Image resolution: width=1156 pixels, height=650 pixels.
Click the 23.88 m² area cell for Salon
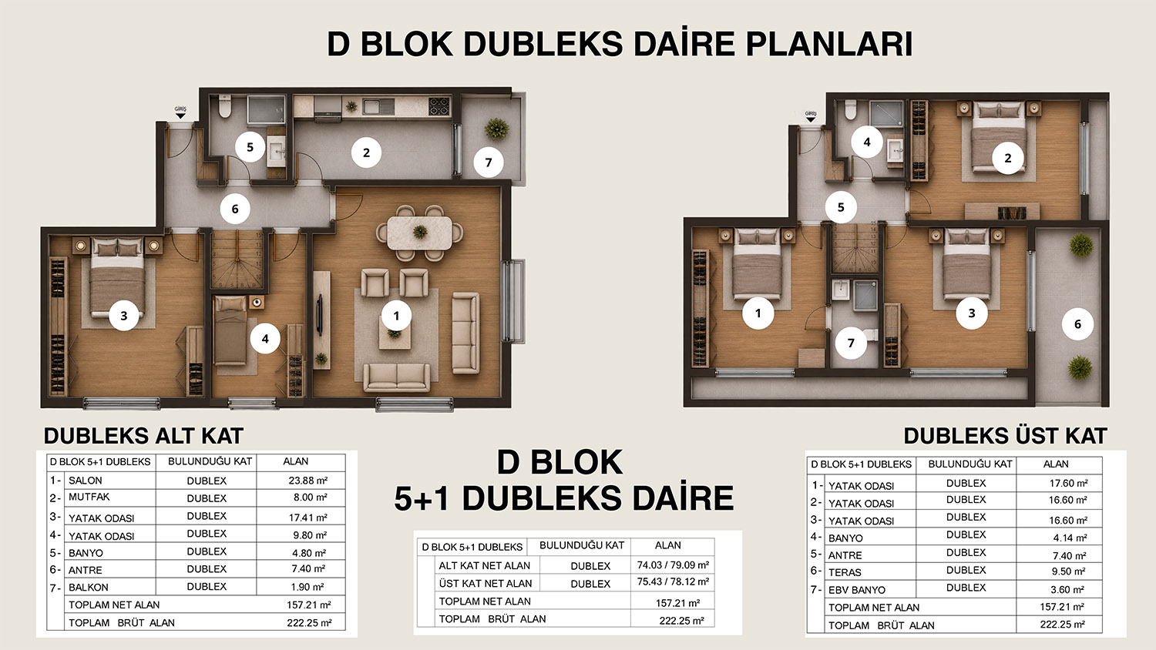[308, 481]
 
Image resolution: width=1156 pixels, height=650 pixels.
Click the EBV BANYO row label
[857, 590]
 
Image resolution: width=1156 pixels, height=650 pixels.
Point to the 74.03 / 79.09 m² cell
[673, 565]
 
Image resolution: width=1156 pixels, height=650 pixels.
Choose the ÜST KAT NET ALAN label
[485, 584]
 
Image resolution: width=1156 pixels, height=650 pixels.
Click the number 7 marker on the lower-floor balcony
[488, 162]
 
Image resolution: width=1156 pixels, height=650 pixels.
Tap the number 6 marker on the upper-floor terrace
[1077, 324]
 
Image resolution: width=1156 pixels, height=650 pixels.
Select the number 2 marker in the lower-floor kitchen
[366, 152]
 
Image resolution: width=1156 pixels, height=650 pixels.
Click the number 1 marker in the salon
[396, 316]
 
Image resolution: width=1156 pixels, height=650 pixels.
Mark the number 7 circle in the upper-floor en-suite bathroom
[851, 343]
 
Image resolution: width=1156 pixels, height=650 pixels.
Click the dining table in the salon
[419, 233]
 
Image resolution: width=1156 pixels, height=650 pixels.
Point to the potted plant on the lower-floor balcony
[497, 129]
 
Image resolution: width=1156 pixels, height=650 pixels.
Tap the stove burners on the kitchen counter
[439, 107]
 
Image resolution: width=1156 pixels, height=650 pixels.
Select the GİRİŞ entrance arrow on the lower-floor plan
[180, 116]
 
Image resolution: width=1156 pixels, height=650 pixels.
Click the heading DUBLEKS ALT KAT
[143, 436]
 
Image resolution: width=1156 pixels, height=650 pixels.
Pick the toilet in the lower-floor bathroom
[224, 107]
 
